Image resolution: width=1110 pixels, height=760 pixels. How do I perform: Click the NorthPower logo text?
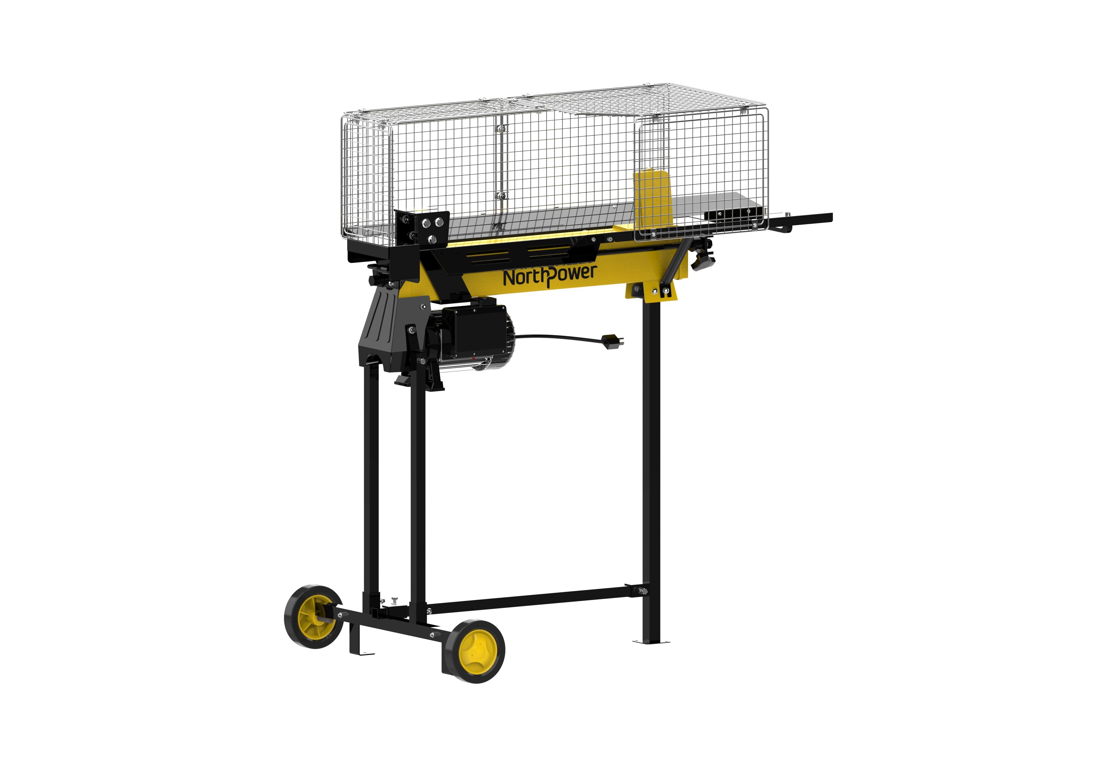549,276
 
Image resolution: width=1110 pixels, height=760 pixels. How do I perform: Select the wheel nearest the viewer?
474,651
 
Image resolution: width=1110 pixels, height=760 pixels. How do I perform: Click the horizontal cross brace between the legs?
530,601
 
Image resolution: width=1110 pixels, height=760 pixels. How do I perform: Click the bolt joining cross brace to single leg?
641,592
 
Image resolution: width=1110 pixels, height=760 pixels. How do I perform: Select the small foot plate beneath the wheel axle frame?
362,650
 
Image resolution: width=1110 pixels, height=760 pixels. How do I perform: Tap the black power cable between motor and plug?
559,337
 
